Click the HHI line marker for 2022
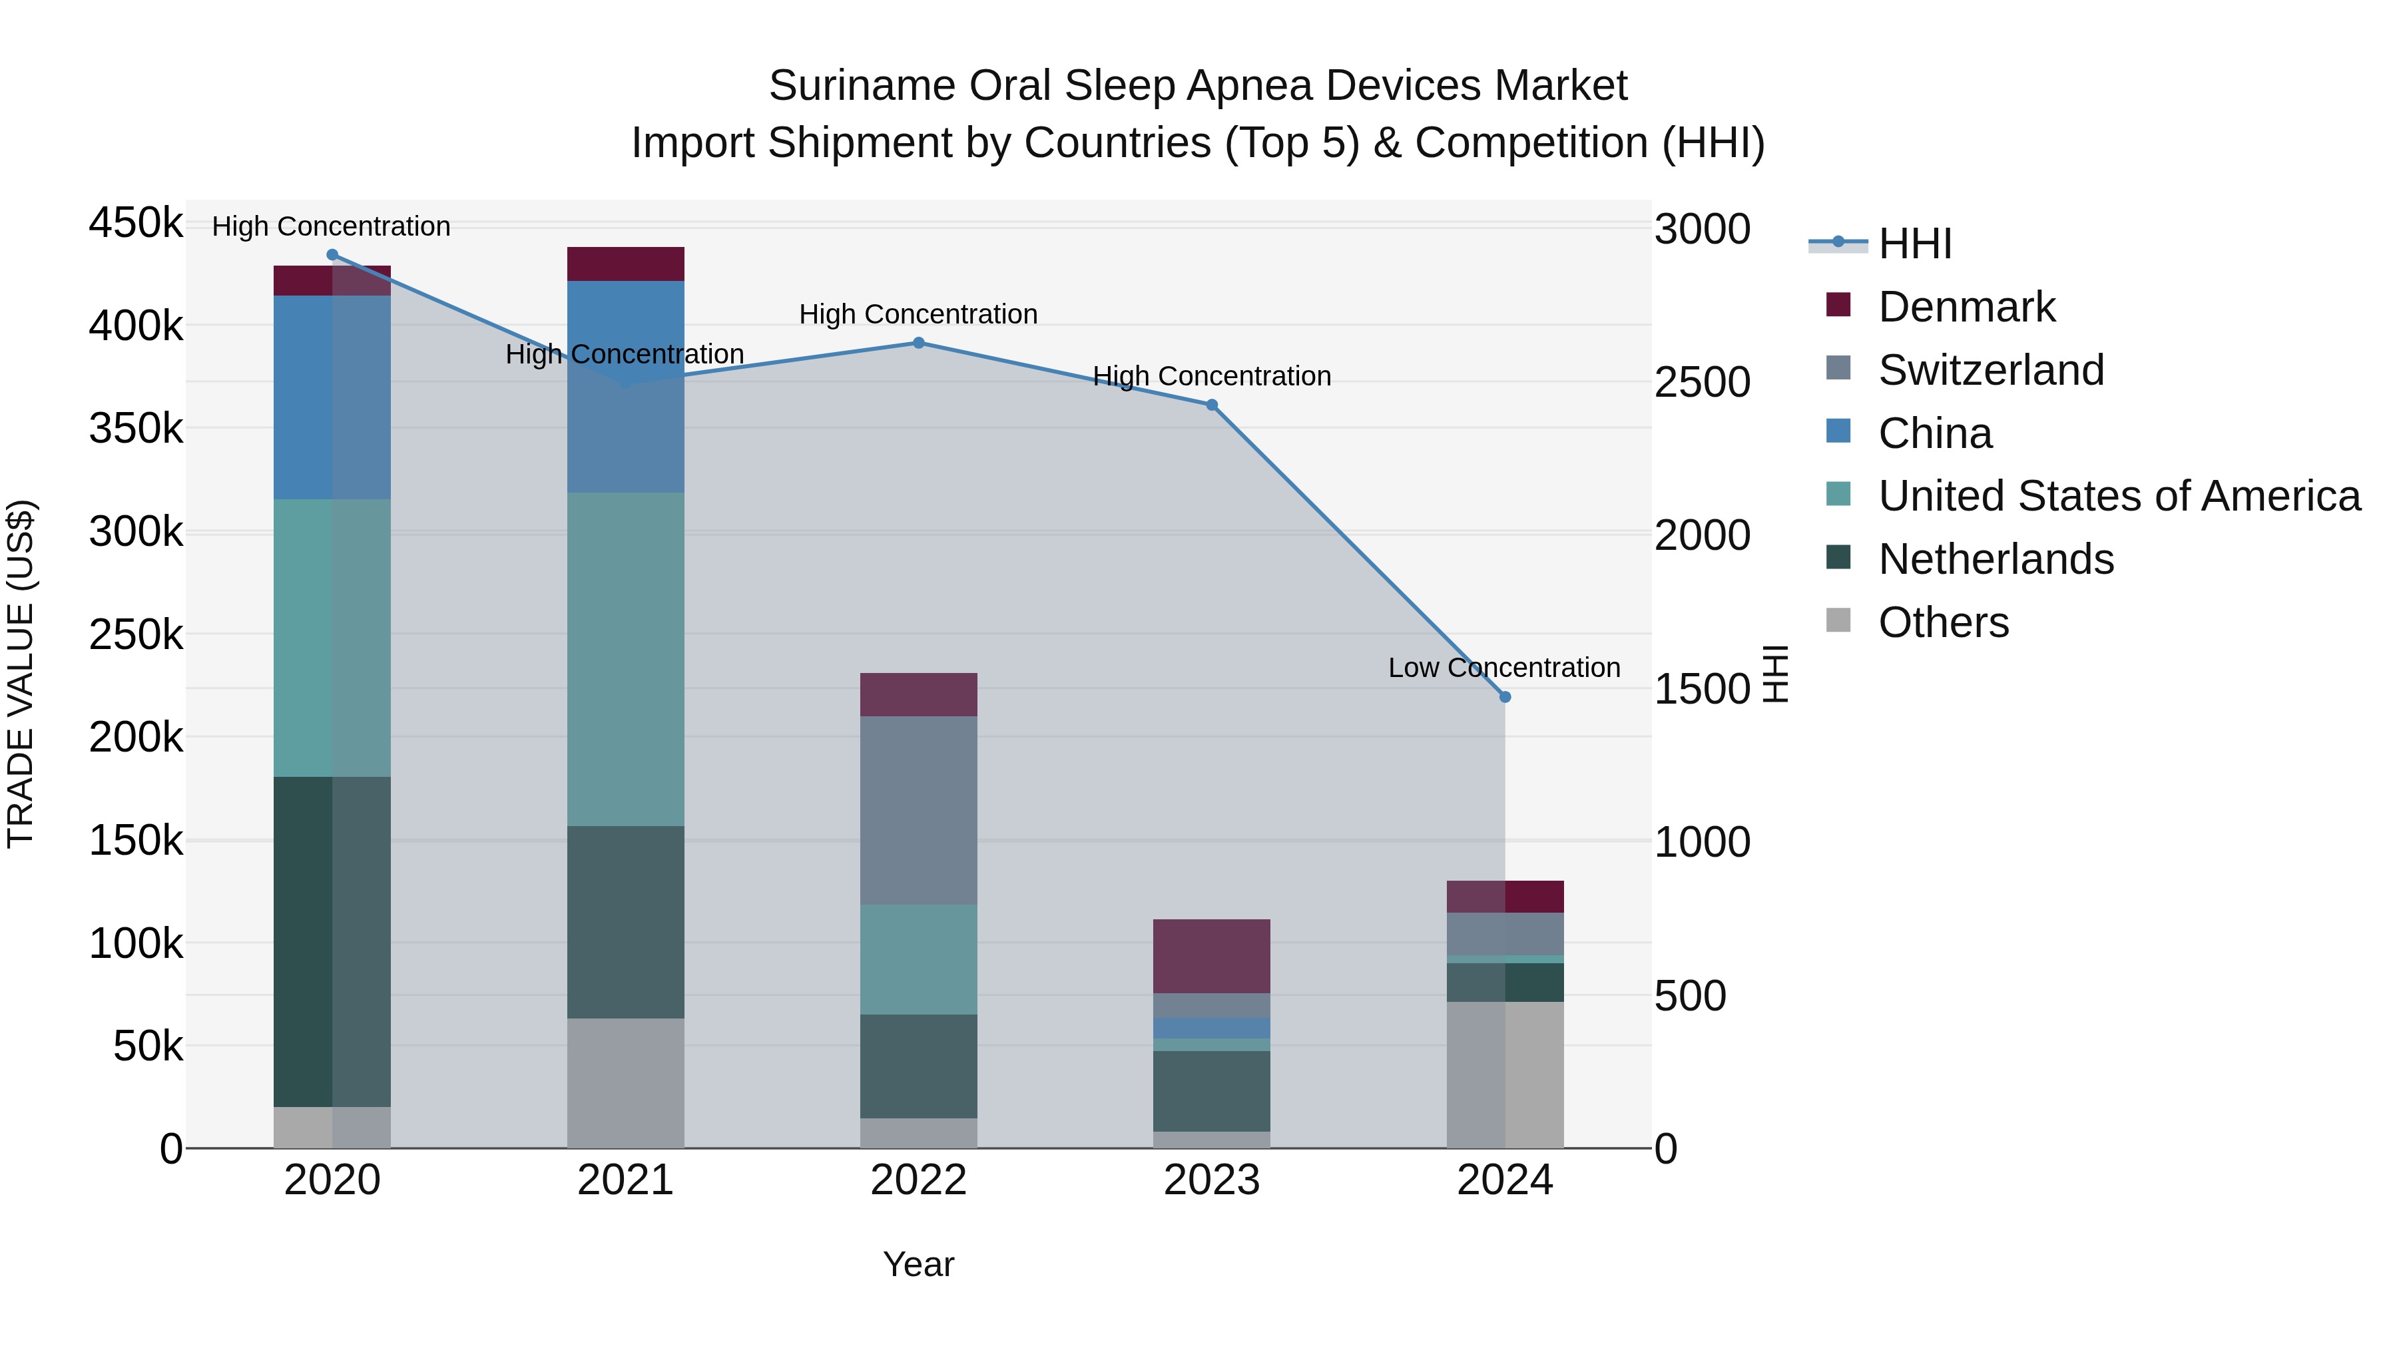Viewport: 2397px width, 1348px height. (x=918, y=342)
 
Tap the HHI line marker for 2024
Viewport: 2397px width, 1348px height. (x=1505, y=697)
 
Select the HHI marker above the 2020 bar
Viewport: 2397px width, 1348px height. (x=332, y=255)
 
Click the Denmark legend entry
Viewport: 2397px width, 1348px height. (x=1966, y=307)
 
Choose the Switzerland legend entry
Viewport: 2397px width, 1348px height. (x=1990, y=370)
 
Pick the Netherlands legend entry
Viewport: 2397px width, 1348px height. (x=1995, y=559)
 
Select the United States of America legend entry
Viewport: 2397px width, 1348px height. (x=2119, y=496)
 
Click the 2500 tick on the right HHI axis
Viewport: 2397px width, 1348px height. (x=1702, y=382)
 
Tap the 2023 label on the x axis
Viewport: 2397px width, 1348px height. (x=1212, y=1180)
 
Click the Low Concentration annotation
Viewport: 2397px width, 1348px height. (x=1503, y=668)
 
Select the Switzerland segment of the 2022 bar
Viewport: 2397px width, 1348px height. (x=918, y=809)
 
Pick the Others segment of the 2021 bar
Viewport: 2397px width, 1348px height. (x=625, y=1083)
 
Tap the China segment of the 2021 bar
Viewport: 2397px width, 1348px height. (x=625, y=386)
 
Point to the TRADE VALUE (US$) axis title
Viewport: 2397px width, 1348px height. (x=21, y=674)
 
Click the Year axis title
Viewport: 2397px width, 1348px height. (x=918, y=1264)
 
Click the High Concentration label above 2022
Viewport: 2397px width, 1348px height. (x=918, y=314)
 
